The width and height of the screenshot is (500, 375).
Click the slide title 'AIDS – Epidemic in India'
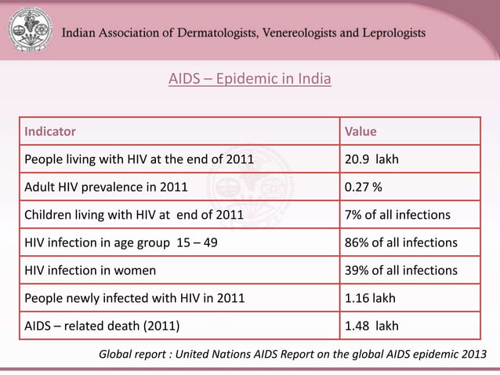(250, 79)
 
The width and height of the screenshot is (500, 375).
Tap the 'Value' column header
(361, 131)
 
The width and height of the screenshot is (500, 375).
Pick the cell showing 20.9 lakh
(371, 159)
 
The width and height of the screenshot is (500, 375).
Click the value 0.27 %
(364, 187)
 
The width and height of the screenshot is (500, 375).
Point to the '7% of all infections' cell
(397, 215)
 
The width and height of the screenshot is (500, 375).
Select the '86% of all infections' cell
(400, 242)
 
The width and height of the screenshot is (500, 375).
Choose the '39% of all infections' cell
(400, 270)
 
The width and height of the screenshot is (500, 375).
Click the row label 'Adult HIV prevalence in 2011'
(106, 187)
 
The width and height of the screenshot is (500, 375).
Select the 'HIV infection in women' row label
(90, 270)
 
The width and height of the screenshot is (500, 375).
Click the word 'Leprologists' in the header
(387, 33)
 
